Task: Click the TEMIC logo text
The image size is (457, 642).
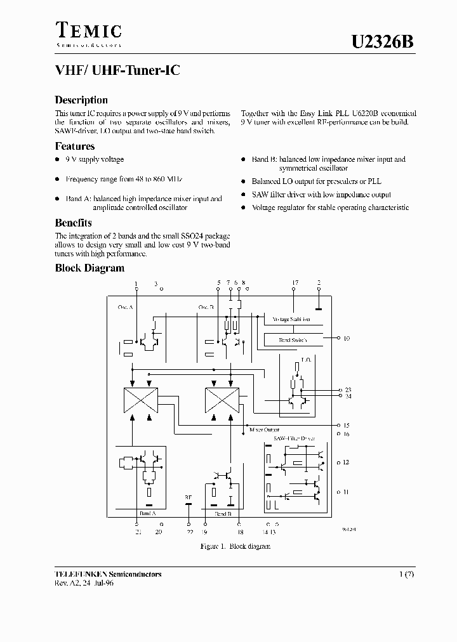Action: (88, 30)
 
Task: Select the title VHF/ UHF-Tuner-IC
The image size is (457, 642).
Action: (117, 71)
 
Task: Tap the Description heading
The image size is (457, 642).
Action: (81, 100)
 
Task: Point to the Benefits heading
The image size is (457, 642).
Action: (73, 223)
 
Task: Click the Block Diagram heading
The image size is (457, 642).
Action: (89, 268)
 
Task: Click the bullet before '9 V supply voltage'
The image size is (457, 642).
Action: (58, 160)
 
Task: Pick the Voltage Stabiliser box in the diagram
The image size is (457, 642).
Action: (292, 319)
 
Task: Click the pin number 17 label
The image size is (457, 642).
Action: (295, 282)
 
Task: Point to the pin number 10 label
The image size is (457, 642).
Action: (347, 339)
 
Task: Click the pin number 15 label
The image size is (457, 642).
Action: (347, 425)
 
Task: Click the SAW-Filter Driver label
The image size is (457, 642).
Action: (294, 438)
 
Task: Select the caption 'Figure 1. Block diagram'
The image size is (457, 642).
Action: (235, 546)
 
